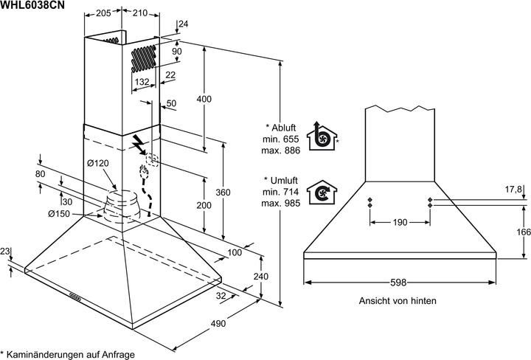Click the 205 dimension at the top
(x=103, y=13)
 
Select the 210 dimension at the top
(x=139, y=13)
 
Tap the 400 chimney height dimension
(x=204, y=99)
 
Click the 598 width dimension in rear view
(x=399, y=283)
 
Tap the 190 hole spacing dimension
(x=399, y=222)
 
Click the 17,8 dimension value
(x=513, y=189)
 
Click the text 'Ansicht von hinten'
(x=398, y=301)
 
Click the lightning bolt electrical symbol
(x=138, y=142)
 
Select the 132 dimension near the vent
(x=143, y=81)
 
